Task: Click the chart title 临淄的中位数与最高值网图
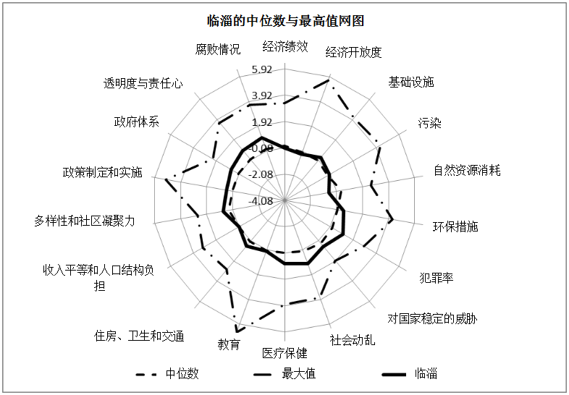(285, 21)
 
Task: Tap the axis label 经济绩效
(285, 47)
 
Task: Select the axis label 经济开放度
(353, 53)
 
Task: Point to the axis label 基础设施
(411, 82)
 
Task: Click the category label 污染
(430, 123)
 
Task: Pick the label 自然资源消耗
(467, 171)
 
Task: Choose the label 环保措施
(455, 226)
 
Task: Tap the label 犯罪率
(437, 279)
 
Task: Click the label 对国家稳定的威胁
(432, 319)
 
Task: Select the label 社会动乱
(353, 340)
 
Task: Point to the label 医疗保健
(285, 353)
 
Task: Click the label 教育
(229, 344)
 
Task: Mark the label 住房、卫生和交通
(139, 336)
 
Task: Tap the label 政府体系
(136, 122)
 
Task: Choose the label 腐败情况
(218, 49)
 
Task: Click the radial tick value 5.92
(262, 69)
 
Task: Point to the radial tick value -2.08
(260, 174)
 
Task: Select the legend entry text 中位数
(182, 373)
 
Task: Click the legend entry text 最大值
(299, 373)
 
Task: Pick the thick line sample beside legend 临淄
(394, 374)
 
